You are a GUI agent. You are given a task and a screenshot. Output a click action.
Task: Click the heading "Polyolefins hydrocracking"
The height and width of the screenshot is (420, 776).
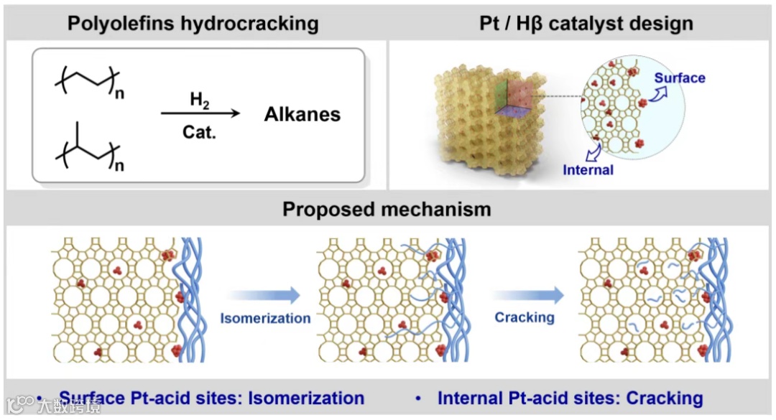[x=193, y=23]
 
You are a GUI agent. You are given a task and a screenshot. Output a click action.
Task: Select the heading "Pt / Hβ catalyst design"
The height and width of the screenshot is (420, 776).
[x=586, y=23]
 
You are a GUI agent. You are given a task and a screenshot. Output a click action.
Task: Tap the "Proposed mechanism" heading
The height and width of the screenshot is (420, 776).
[x=387, y=209]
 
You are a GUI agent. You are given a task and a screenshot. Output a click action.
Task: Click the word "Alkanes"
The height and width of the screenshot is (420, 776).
[x=302, y=114]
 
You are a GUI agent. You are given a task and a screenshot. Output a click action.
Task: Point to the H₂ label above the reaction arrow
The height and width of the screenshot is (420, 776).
[x=195, y=99]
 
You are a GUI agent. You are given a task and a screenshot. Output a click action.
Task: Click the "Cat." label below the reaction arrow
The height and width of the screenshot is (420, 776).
[x=198, y=133]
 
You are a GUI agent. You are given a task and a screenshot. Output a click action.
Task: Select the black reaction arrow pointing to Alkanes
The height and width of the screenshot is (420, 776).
[x=199, y=114]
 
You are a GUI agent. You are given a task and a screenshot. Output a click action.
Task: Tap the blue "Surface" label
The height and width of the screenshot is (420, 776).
[x=679, y=78]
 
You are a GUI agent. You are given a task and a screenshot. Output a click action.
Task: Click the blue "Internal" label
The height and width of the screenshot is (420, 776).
[x=587, y=170]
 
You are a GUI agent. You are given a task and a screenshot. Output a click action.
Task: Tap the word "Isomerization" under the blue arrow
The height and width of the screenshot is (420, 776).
[x=265, y=318]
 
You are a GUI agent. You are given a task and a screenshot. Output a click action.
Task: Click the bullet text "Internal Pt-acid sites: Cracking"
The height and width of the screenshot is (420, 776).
[x=570, y=398]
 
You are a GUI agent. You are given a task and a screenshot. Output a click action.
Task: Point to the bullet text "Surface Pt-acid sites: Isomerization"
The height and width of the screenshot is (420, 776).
[x=211, y=398]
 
